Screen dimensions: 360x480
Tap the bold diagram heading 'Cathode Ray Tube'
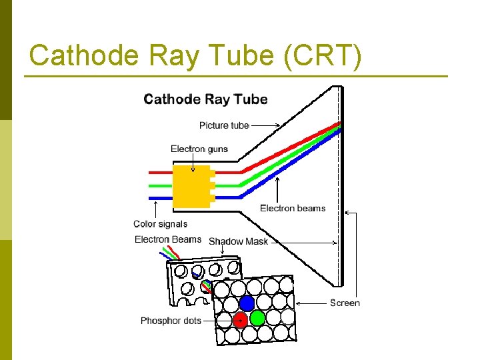pyautogui.click(x=205, y=99)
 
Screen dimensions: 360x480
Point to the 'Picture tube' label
pyautogui.click(x=224, y=125)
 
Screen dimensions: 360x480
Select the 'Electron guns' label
pyautogui.click(x=199, y=149)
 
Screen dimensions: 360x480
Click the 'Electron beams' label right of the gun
pyautogui.click(x=293, y=208)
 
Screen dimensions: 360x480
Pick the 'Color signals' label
pyautogui.click(x=160, y=224)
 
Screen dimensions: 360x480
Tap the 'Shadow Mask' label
pyautogui.click(x=238, y=241)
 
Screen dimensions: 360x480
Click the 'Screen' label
pyautogui.click(x=345, y=303)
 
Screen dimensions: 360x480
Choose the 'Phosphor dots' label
pyautogui.click(x=171, y=321)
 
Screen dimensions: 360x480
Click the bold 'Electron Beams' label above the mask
pyautogui.click(x=168, y=239)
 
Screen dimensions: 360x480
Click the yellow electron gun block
pyautogui.click(x=191, y=185)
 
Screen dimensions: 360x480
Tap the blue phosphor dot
pyautogui.click(x=247, y=303)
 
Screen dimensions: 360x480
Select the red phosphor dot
pyautogui.click(x=240, y=320)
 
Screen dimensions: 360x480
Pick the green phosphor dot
pyautogui.click(x=257, y=317)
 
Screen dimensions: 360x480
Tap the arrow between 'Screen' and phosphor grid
pyautogui.click(x=311, y=303)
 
